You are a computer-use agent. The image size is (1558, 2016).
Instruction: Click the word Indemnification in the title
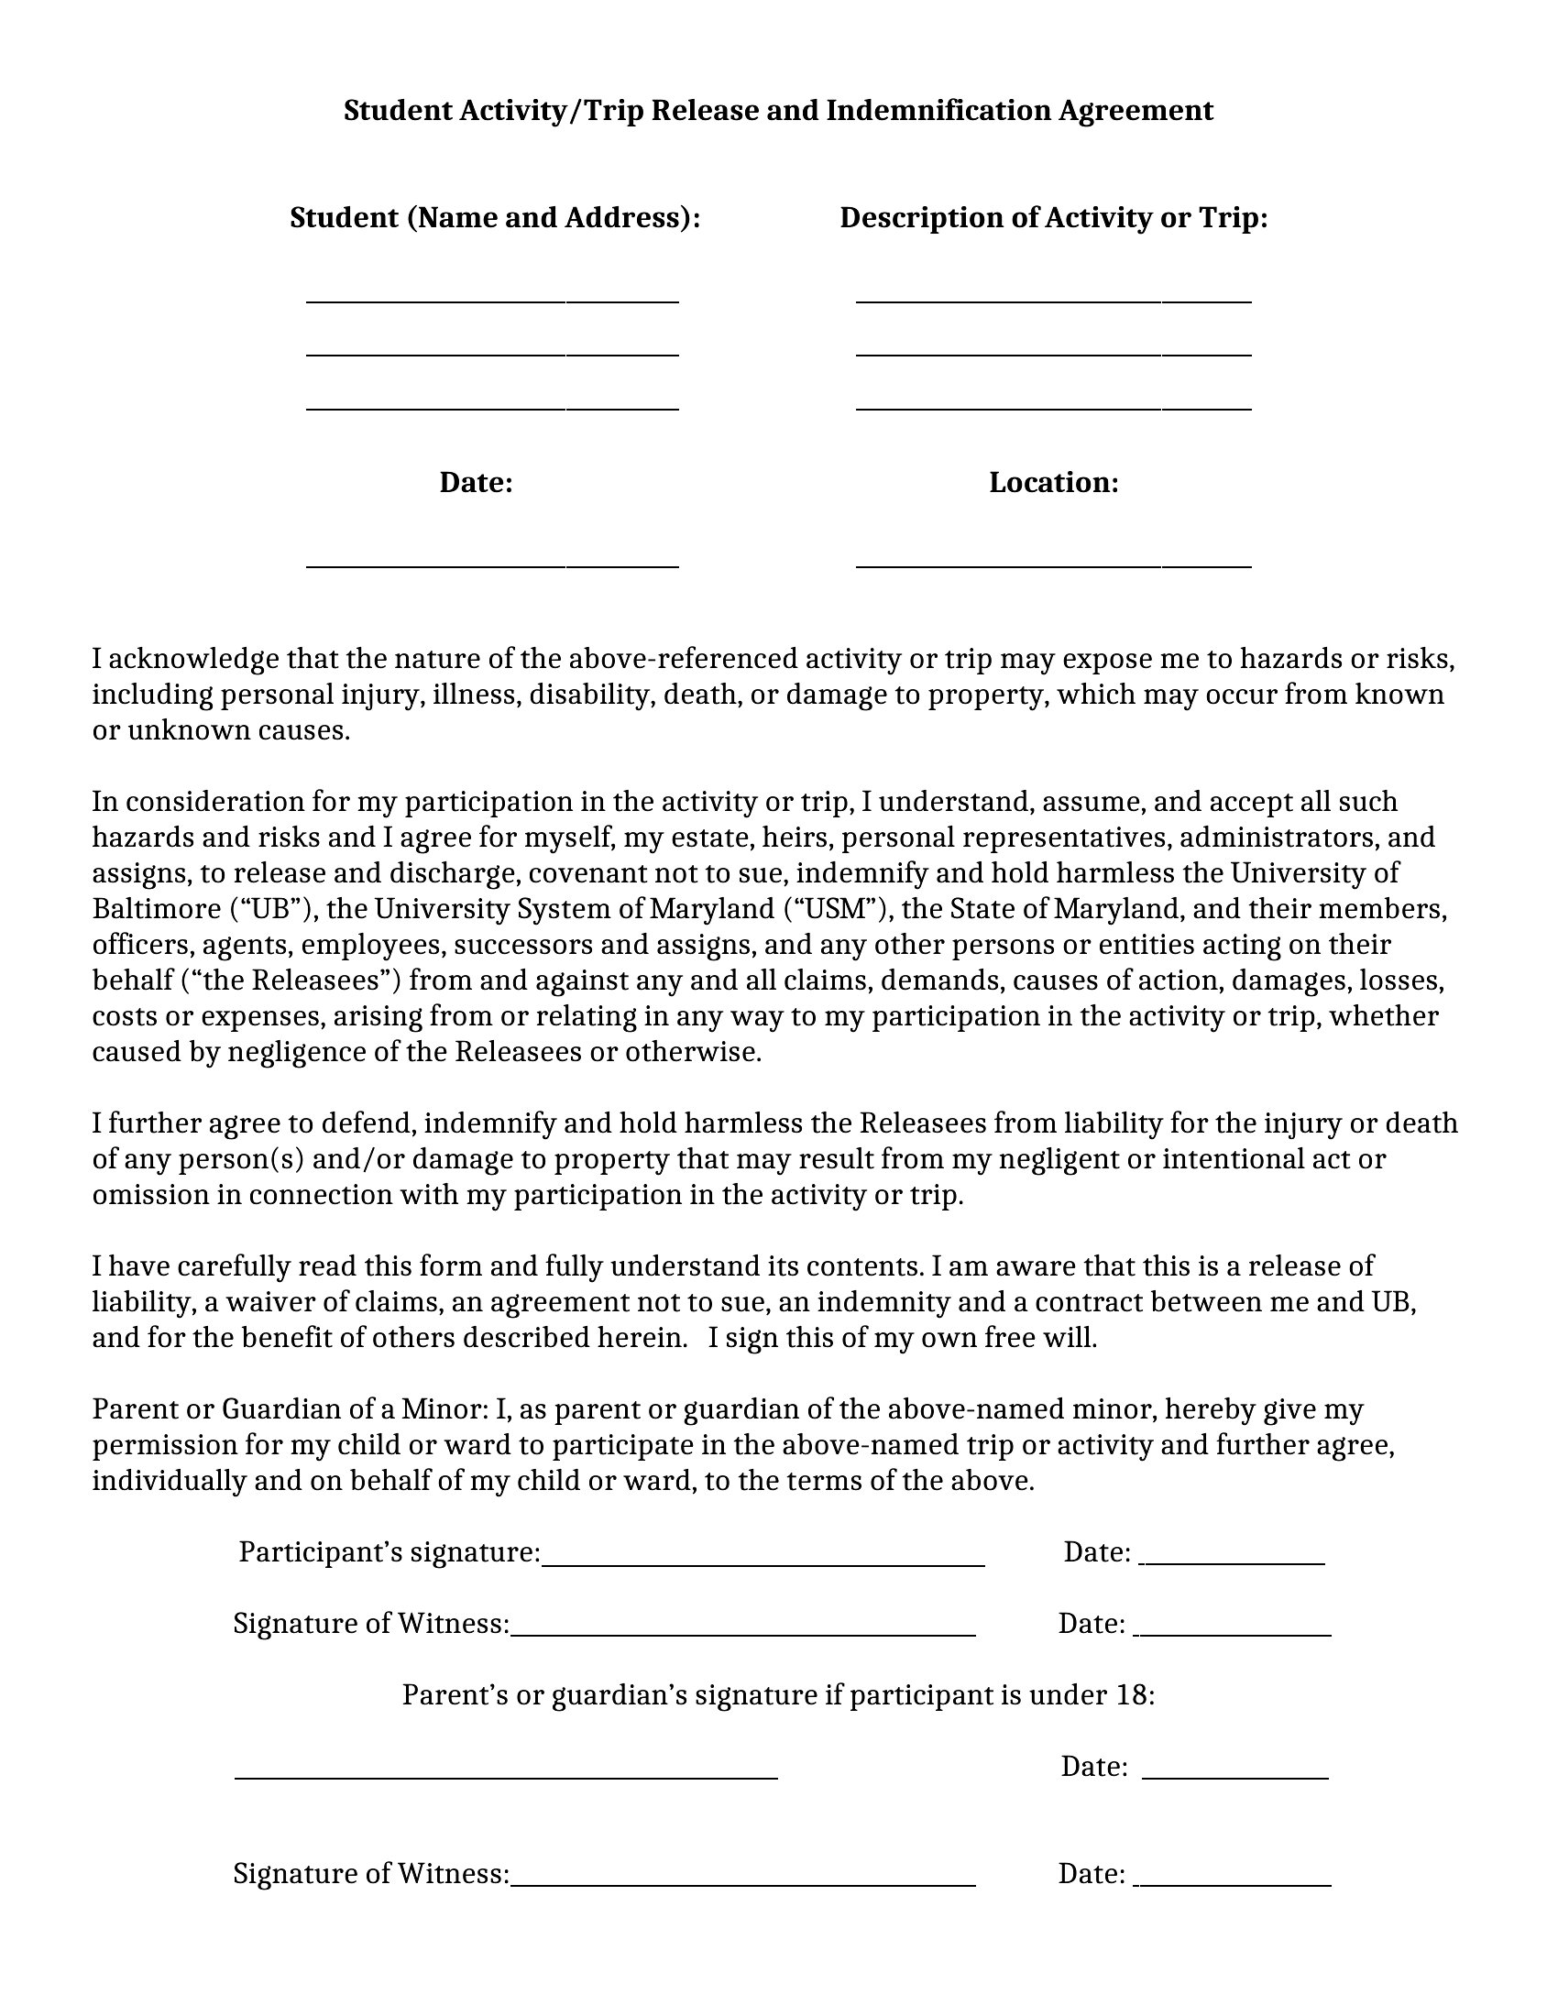[x=938, y=111]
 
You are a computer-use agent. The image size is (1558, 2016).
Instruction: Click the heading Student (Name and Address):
[x=495, y=218]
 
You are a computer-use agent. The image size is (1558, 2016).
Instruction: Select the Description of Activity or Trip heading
[x=1053, y=218]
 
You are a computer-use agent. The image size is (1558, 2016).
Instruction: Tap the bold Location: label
[x=1053, y=483]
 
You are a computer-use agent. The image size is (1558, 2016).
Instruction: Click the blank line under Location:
[x=1053, y=564]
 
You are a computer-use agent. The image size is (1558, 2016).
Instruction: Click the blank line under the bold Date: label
[x=492, y=564]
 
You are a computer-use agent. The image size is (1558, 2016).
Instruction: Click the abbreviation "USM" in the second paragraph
[x=839, y=909]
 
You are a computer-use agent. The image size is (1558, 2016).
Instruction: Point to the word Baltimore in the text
[x=156, y=909]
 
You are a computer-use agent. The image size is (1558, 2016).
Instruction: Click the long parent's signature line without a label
[x=506, y=1776]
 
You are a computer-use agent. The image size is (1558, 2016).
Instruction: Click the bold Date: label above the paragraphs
[x=476, y=483]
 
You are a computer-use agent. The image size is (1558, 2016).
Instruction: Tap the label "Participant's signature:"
[x=389, y=1552]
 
